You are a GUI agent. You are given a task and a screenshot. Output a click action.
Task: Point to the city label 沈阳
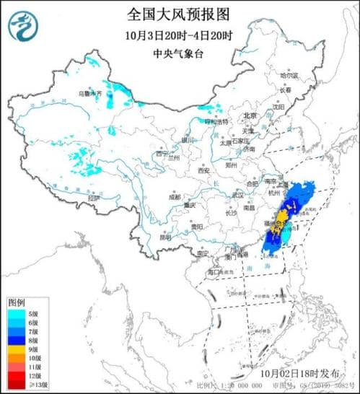[x=278, y=106]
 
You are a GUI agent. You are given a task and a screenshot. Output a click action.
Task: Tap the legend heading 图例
[x=17, y=302]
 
